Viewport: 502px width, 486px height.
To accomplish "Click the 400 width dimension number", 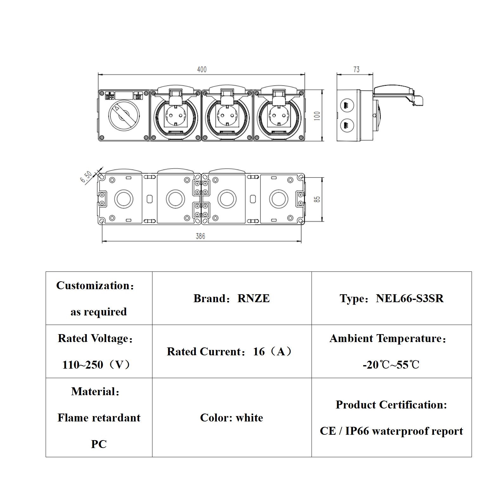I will tap(202, 69).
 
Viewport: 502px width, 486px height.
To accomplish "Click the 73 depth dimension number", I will tap(356, 69).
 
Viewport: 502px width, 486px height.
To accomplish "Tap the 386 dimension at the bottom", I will tap(200, 236).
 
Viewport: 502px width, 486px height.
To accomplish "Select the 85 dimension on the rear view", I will tap(317, 199).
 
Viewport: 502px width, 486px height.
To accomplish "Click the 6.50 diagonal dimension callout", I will tap(86, 177).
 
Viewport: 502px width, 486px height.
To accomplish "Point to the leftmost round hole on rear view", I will tap(124, 199).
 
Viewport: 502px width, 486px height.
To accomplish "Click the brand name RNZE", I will tap(254, 298).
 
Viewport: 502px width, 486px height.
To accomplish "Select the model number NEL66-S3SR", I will tap(409, 298).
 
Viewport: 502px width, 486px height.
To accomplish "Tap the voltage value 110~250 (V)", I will tap(96, 365).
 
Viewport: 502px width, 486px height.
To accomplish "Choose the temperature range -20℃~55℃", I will tap(391, 365).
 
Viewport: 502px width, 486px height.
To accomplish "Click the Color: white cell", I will tap(231, 418).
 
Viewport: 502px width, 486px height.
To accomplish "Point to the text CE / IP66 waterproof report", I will tap(391, 431).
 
